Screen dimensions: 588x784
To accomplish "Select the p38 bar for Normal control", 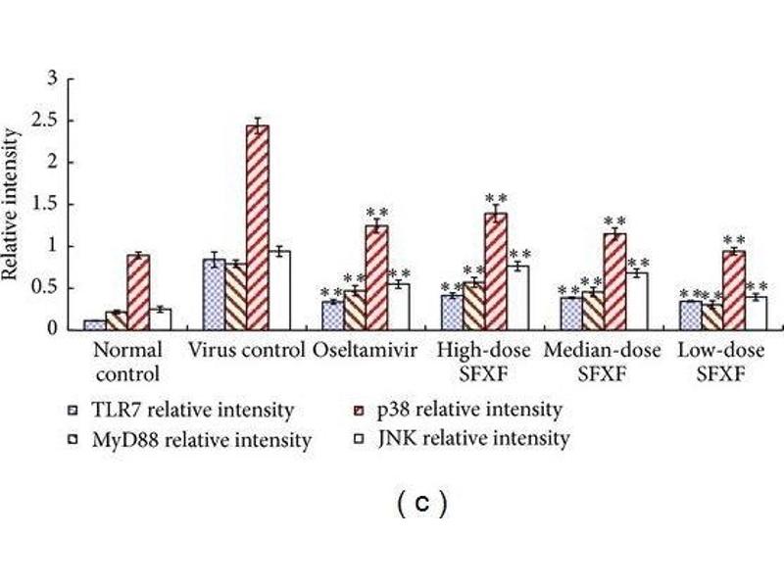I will pos(138,292).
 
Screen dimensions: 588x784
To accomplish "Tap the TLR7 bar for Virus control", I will pos(213,294).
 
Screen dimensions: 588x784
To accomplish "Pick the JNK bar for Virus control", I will pos(279,290).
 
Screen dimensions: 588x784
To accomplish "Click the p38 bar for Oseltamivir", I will pos(376,277).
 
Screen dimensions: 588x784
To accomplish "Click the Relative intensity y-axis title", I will pos(12,204).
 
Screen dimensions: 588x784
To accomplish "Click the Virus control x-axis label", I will pos(249,351).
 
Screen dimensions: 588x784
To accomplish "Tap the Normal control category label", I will pos(126,362).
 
